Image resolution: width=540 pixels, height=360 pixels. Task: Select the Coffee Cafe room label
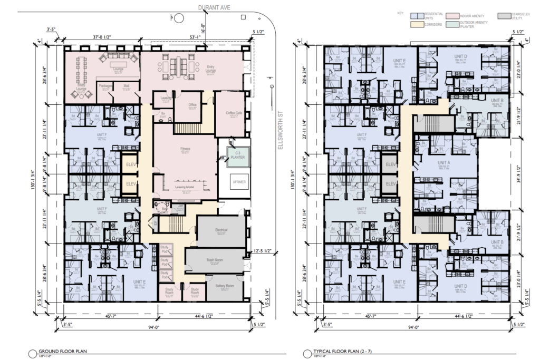click(233, 113)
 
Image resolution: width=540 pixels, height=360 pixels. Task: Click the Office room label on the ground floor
click(192, 105)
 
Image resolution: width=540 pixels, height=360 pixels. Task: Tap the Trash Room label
click(218, 260)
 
